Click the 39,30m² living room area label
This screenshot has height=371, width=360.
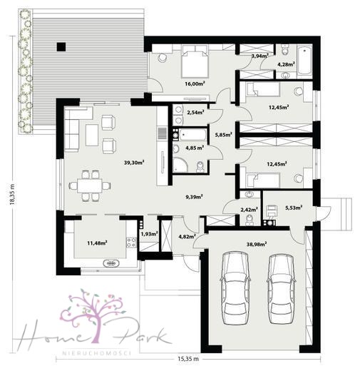134,163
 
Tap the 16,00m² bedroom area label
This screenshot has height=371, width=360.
195,83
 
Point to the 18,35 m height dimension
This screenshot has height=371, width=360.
12,193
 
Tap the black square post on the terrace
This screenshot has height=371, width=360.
61,46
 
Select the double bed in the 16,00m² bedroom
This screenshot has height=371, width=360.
195,61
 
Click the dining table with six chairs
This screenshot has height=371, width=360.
90,185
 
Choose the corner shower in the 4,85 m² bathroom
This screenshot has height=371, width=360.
180,165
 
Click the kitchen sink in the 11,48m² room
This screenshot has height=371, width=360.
111,263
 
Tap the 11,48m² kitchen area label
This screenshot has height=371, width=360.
97,243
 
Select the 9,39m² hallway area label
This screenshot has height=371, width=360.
194,197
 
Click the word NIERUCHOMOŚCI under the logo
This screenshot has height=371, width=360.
97,352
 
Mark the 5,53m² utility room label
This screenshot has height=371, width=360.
294,208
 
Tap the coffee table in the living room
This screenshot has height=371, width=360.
92,135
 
